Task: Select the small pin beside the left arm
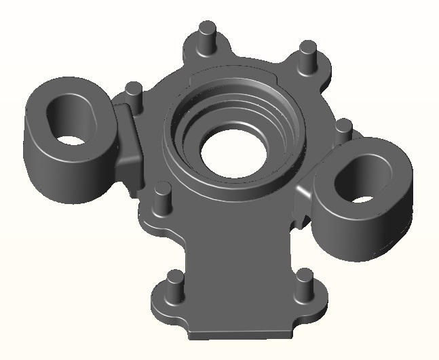(x=134, y=94)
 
